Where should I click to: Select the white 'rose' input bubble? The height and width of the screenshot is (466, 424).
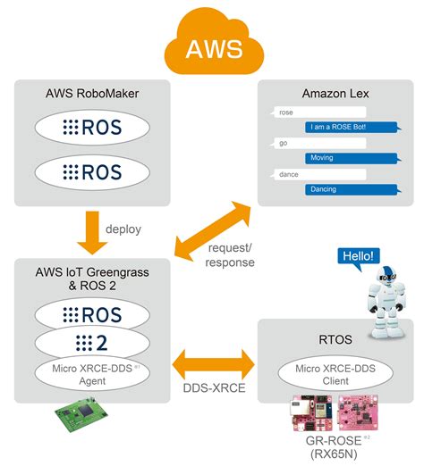286,113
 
